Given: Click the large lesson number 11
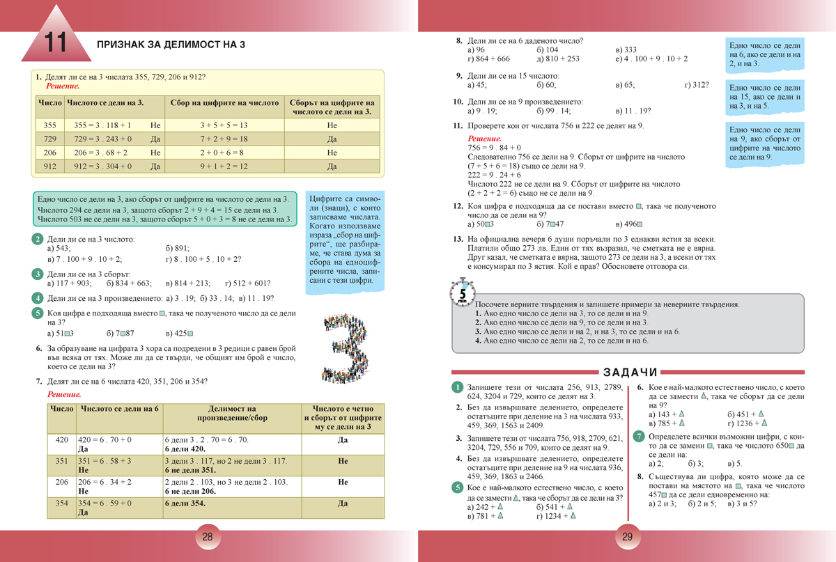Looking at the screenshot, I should [x=54, y=42].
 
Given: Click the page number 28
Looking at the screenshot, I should [x=207, y=537].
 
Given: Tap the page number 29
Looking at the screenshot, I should [x=626, y=537].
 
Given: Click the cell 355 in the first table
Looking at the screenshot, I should [x=49, y=125].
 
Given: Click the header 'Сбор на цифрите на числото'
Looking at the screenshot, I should [x=224, y=102].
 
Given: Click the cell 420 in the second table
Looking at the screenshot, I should [x=61, y=440].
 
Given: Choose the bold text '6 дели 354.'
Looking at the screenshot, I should [x=185, y=503].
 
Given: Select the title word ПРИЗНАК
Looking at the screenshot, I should [x=123, y=45].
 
